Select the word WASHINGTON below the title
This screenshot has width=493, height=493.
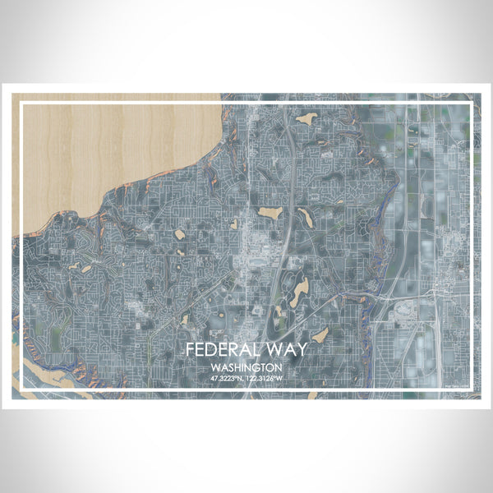[x=246, y=367]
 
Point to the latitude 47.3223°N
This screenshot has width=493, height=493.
[x=228, y=379]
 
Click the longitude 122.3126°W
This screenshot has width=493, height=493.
[x=265, y=379]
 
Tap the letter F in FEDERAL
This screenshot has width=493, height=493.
[x=190, y=349]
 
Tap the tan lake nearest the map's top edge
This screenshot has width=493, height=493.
[x=306, y=119]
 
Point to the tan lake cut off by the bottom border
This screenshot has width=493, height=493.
[x=313, y=395]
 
